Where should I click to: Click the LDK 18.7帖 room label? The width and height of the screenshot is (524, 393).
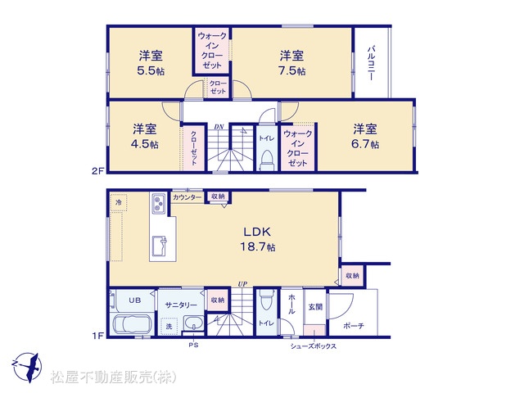(258, 239)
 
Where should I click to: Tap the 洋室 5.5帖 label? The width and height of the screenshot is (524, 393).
(151, 63)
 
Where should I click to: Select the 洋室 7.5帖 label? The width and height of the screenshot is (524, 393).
(291, 63)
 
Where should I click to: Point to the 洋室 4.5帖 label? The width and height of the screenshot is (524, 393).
(145, 136)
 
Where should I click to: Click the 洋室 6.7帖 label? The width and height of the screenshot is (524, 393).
(365, 136)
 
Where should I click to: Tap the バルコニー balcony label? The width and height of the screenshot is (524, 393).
(371, 63)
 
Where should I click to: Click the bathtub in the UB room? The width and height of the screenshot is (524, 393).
(132, 324)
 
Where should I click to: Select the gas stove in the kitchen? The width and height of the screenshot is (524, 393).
(158, 203)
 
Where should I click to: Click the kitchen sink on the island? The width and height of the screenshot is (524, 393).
(160, 246)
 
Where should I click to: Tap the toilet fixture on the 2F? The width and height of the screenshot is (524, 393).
(267, 160)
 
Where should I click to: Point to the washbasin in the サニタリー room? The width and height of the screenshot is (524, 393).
(193, 323)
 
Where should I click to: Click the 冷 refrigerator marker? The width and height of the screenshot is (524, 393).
(119, 202)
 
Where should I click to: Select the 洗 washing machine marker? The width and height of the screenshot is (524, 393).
(169, 326)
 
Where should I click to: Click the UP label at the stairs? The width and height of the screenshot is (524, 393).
(242, 284)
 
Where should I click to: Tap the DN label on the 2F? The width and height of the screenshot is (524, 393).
(219, 127)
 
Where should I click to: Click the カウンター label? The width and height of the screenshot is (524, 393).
(187, 197)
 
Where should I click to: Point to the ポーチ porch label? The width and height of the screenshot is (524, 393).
(353, 325)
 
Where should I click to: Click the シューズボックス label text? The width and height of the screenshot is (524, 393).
(313, 346)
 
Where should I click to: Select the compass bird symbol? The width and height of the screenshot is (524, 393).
(27, 368)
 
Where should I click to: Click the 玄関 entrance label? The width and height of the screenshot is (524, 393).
(315, 306)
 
